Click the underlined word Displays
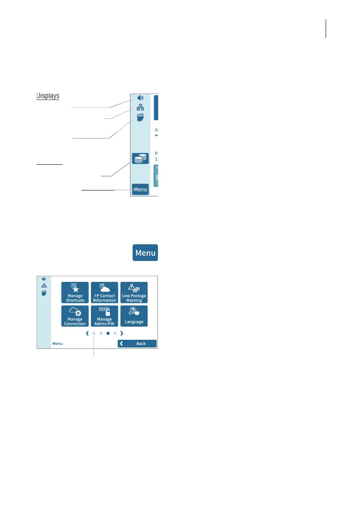pyautogui.click(x=48, y=96)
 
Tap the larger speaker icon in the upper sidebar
pyautogui.click(x=140, y=98)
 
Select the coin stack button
pyautogui.click(x=140, y=158)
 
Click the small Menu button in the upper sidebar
pyautogui.click(x=140, y=189)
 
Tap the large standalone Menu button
pyautogui.click(x=145, y=253)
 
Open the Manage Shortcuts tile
pyautogui.click(x=75, y=293)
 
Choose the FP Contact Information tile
pyautogui.click(x=104, y=293)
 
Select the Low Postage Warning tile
pyautogui.click(x=134, y=293)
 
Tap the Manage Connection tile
pyautogui.click(x=75, y=316)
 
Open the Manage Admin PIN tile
pyautogui.click(x=104, y=316)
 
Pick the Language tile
pyautogui.click(x=134, y=316)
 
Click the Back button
pyautogui.click(x=137, y=344)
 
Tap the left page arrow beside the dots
pyautogui.click(x=86, y=333)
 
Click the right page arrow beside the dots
pyautogui.click(x=122, y=333)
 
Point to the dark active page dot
pyautogui.click(x=108, y=333)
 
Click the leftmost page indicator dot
pyautogui.click(x=94, y=333)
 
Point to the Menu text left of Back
pyautogui.click(x=57, y=344)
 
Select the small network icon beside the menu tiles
pyautogui.click(x=44, y=286)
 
